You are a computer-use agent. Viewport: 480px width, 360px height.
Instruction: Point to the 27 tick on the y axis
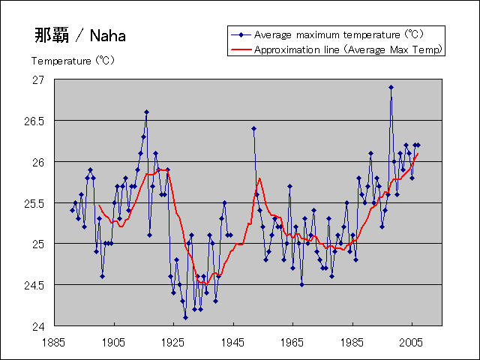39,80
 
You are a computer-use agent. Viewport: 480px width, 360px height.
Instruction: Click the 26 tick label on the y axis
39,162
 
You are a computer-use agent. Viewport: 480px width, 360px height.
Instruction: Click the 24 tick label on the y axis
39,326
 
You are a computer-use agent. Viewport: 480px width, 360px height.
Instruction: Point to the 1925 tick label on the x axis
173,341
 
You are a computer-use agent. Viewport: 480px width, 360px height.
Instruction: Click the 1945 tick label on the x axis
232,341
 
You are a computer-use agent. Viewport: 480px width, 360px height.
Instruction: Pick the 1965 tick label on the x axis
292,341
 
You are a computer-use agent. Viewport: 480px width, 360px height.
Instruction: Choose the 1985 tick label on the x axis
351,341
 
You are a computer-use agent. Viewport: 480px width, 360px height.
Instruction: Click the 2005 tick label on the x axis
410,341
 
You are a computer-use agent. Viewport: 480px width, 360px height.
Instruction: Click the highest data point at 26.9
391,88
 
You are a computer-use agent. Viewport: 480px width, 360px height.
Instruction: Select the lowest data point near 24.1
185,317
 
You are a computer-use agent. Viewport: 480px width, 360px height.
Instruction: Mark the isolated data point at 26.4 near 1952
253,128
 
